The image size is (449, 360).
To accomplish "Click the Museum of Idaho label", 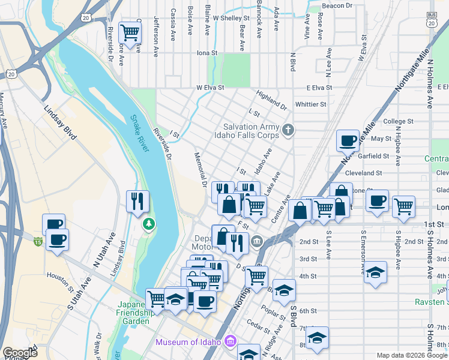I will coord(189,343).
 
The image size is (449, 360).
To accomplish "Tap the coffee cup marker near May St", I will coord(348,140).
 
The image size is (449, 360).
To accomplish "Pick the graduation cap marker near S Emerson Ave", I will coord(375,271).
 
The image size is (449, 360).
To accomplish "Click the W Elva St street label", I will coord(210,87).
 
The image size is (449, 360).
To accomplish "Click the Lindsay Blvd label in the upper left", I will coord(60,123).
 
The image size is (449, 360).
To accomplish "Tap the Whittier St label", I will coord(310,104).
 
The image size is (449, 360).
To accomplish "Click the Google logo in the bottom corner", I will coord(20,353).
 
